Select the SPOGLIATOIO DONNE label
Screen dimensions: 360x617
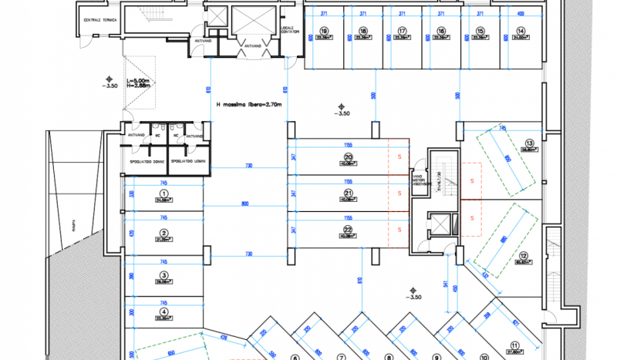coord(147,161)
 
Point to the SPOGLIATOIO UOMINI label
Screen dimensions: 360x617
coord(188,161)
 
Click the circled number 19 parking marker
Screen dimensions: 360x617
coord(324,32)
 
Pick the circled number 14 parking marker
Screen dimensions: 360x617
coord(521,32)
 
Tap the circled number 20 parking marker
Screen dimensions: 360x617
coord(349,158)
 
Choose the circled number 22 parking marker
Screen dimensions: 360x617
coord(349,230)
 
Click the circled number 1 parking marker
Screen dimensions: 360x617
coord(164,193)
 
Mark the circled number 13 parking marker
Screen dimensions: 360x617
coord(529,143)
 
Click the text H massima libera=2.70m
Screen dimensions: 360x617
coord(249,104)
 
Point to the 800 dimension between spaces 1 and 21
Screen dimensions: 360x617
coord(245,204)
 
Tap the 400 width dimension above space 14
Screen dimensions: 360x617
coord(521,14)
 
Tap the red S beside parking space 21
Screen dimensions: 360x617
coord(400,193)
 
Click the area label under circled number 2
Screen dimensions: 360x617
coord(164,240)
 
